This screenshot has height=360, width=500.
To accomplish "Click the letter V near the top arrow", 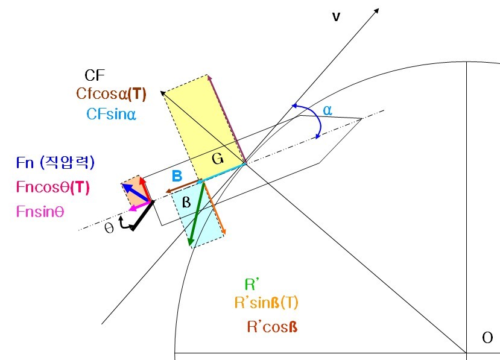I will pos(336,17).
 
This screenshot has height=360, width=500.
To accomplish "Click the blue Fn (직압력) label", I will pos(55,162).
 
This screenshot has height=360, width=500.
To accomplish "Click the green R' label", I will pos(252,285).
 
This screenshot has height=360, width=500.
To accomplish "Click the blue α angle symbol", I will pos(327,110).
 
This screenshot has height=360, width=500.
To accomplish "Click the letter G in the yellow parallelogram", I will pos(217,160).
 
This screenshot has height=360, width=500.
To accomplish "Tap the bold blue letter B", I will pos(177,175).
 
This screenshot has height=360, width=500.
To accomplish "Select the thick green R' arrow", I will pos(197,213).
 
